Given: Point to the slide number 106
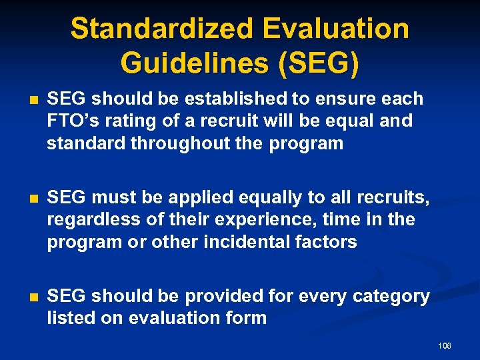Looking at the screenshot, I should click(x=445, y=346).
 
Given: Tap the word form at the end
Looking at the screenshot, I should click(x=247, y=319).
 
